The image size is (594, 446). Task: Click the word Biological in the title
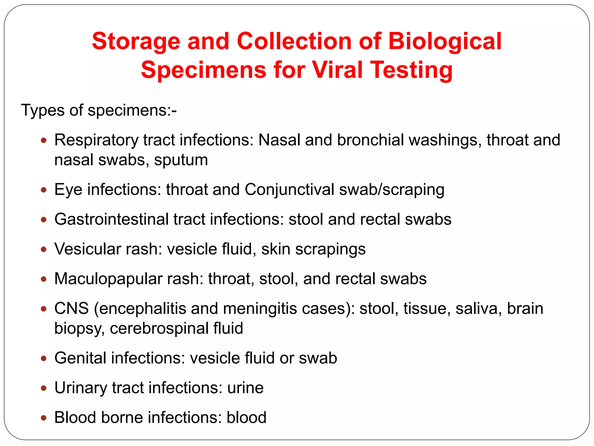click(x=445, y=41)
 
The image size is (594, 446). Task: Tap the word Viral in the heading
click(x=338, y=70)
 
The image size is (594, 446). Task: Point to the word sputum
click(x=181, y=160)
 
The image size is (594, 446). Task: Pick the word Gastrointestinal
click(x=111, y=219)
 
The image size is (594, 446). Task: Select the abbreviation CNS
click(x=71, y=308)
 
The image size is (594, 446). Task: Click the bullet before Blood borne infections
click(x=44, y=418)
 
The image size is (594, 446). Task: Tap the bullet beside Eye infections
click(x=44, y=190)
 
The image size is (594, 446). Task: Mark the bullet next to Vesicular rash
click(x=44, y=249)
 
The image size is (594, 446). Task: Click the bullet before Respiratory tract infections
click(x=44, y=141)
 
